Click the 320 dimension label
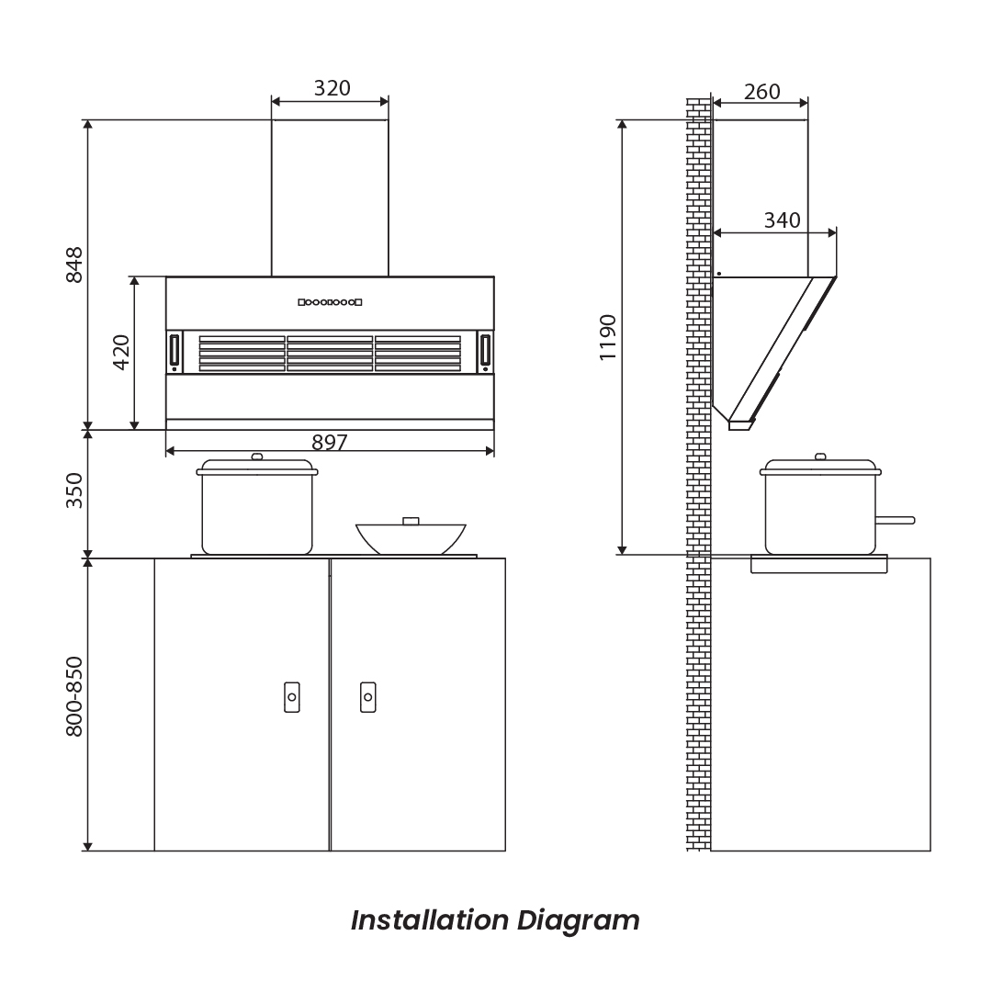click(x=333, y=88)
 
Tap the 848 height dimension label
click(x=74, y=265)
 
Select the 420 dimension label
click(x=121, y=353)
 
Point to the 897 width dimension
click(x=330, y=442)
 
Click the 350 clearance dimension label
click(x=74, y=490)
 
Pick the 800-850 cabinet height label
click(x=74, y=696)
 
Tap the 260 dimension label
click(x=761, y=92)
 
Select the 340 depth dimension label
click(x=782, y=220)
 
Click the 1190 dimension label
click(x=608, y=338)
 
